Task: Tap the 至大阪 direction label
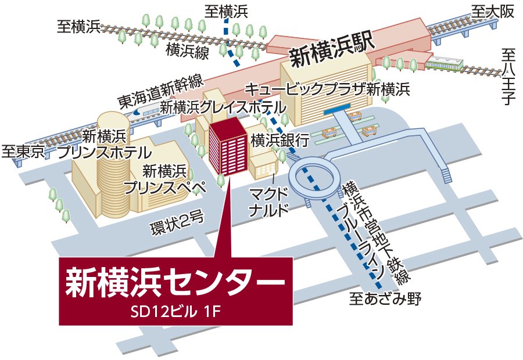[x=493, y=12]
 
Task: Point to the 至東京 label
[x=23, y=153]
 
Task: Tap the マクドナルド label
[x=268, y=200]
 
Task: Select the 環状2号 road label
[x=176, y=220]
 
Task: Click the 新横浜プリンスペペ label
[x=166, y=179]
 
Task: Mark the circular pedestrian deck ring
[x=314, y=178]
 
